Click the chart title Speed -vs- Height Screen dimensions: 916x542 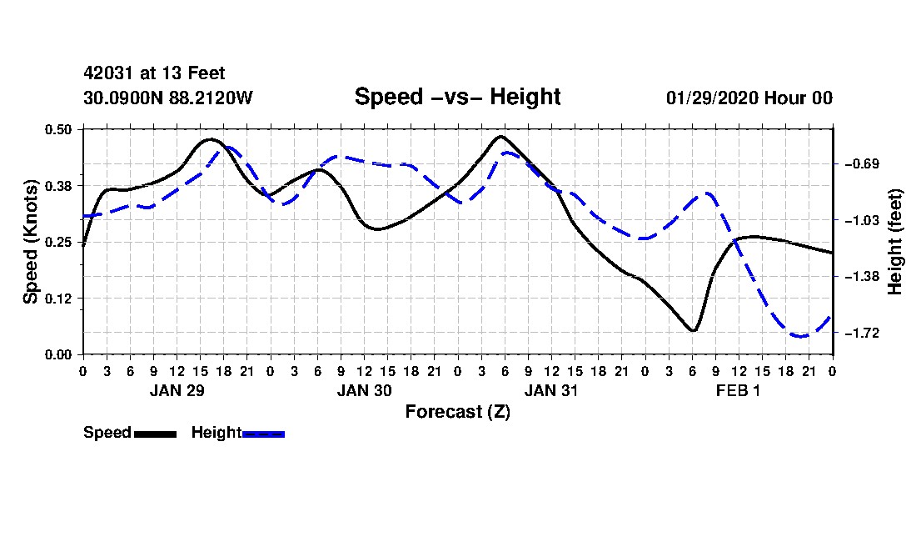click(x=457, y=97)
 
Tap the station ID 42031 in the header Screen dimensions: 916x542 click(x=108, y=73)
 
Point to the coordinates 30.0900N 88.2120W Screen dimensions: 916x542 click(x=168, y=98)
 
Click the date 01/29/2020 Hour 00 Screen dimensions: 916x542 click(x=749, y=98)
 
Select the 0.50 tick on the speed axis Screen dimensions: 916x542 click(x=57, y=129)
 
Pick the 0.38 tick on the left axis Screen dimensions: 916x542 click(x=57, y=186)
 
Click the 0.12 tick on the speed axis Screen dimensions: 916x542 click(x=57, y=299)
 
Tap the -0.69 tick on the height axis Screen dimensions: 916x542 click(x=862, y=163)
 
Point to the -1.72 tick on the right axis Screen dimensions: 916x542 click(x=862, y=334)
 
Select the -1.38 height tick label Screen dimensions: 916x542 click(x=862, y=277)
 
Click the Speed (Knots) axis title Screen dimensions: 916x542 click(x=30, y=242)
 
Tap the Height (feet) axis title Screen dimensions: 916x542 click(x=895, y=242)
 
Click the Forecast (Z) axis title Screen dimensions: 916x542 click(x=457, y=412)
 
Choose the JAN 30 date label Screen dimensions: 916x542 click(x=364, y=390)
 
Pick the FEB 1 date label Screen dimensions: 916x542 click(x=739, y=390)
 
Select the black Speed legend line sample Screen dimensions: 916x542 click(x=156, y=434)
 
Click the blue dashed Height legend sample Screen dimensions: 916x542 click(x=263, y=434)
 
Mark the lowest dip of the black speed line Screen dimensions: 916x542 click(x=693, y=331)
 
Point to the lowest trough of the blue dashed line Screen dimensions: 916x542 click(x=799, y=336)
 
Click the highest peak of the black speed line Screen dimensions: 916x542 click(x=500, y=137)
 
